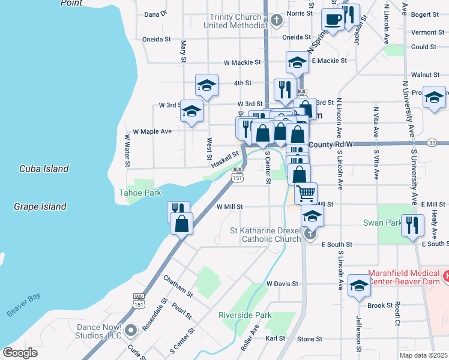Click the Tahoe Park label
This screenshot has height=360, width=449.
140,193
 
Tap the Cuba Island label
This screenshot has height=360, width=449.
43,169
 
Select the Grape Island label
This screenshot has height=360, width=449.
40,206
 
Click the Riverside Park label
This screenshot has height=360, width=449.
244,315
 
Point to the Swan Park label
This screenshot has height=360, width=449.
382,223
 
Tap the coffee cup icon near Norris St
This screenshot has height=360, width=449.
333,19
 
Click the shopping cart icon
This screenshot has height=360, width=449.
306,194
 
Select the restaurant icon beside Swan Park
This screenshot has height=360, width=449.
411,225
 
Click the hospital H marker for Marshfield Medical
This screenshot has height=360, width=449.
445,277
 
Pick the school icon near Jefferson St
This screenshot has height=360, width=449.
359,286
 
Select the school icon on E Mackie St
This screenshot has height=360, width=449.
297,62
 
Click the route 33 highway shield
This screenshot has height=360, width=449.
432,142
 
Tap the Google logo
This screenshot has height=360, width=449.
20,352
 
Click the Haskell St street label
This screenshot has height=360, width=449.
224,159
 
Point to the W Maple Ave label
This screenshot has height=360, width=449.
152,131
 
